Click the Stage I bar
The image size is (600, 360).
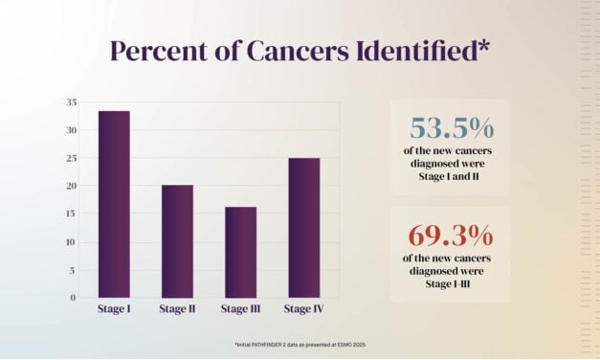(114, 204)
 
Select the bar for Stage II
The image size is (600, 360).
(177, 240)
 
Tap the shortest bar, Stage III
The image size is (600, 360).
(240, 252)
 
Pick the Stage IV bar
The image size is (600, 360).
(303, 227)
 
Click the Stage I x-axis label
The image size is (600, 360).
(114, 308)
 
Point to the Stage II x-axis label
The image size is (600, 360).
(177, 308)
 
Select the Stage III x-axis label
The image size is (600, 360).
(240, 308)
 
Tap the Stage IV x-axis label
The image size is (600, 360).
(303, 308)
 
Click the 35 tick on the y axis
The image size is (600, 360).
(72, 102)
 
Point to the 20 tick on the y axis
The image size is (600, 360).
(72, 186)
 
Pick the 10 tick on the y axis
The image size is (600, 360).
(72, 241)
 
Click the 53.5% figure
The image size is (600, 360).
(449, 128)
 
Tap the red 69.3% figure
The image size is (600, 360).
(449, 235)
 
